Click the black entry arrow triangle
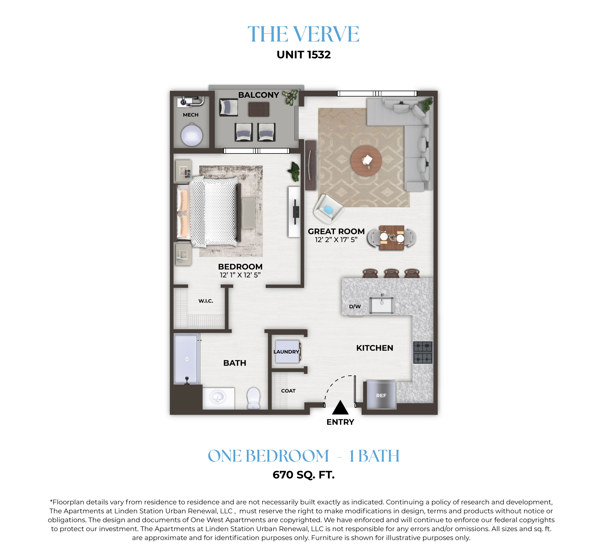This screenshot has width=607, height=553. click(340, 407)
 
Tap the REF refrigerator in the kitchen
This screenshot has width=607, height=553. click(381, 395)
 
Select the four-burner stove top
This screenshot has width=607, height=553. click(423, 353)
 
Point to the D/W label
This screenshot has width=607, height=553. click(355, 306)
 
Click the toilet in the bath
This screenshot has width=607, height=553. click(253, 398)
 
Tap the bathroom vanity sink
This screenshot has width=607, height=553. click(218, 397)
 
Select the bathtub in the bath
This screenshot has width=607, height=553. click(187, 359)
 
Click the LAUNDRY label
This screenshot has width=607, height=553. click(286, 352)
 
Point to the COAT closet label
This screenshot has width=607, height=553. click(288, 391)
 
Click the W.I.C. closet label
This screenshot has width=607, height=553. click(206, 301)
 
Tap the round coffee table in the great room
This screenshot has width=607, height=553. click(366, 161)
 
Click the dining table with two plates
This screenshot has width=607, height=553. click(392, 237)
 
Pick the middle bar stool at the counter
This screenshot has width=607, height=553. click(391, 273)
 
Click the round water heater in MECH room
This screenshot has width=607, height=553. click(192, 135)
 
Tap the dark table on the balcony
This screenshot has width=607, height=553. click(259, 109)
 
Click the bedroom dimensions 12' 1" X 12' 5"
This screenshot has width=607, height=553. click(240, 275)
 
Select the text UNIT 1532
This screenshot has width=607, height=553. click(304, 54)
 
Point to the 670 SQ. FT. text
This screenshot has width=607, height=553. click(304, 475)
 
